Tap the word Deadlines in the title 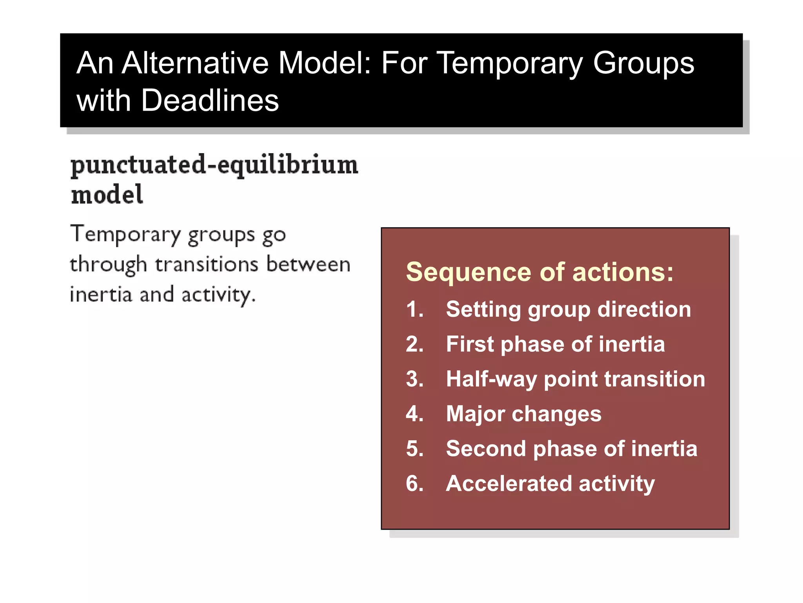pos(210,100)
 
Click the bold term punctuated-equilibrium pos(214,165)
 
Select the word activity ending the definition pos(218,294)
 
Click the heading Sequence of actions pos(540,272)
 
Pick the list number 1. pos(414,309)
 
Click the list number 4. pos(414,414)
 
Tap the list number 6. pos(414,483)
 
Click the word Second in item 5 pos(486,449)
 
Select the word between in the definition pos(308,264)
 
